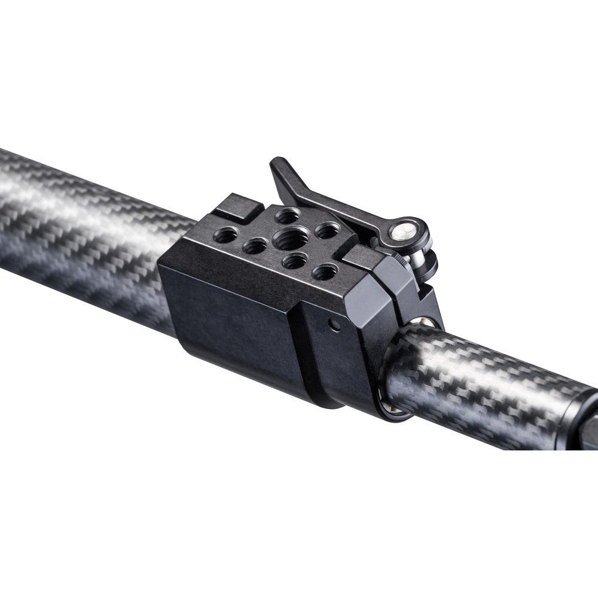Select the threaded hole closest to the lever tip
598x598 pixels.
tap(288, 215)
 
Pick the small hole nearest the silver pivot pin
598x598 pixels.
tap(328, 230)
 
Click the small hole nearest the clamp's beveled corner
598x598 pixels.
tap(325, 272)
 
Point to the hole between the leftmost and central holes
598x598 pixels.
tap(255, 245)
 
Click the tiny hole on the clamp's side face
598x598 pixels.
tap(335, 325)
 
